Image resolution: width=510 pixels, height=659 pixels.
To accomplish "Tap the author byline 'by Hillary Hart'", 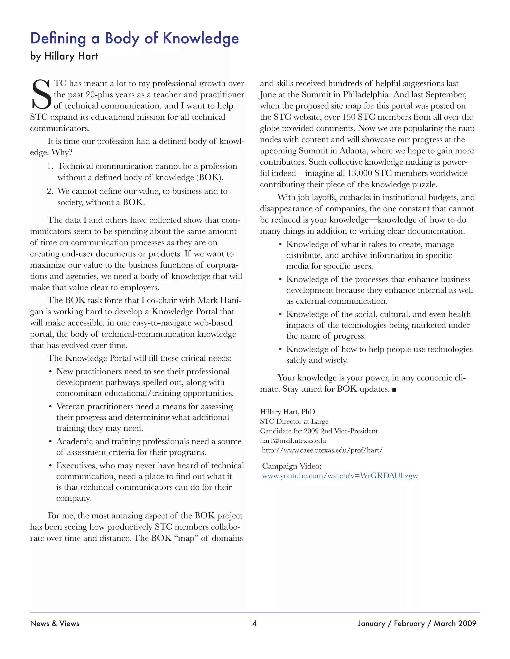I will (64, 56).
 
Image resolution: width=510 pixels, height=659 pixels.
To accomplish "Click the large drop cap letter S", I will (41, 94).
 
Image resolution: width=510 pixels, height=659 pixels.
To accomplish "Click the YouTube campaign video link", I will (340, 476).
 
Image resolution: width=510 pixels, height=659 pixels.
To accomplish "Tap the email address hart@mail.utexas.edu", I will (293, 441).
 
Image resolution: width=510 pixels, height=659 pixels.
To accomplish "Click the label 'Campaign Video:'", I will (292, 466).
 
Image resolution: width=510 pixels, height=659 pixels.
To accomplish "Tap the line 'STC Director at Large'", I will (294, 422).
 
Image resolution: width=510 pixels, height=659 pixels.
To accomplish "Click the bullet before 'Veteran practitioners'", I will (51, 407).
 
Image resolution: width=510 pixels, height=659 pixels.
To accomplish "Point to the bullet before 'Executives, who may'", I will (51, 466).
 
